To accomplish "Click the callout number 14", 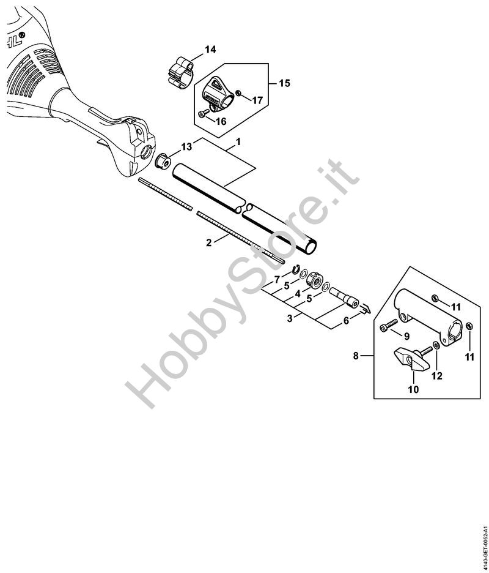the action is (210, 49).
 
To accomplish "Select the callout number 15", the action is (284, 83).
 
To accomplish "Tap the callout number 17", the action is (257, 100).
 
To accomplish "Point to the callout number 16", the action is (221, 121).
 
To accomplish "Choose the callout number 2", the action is (208, 242).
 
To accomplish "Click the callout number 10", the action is (413, 388).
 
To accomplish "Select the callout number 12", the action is (436, 376).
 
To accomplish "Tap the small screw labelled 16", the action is (204, 113).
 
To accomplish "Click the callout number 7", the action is (277, 279).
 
